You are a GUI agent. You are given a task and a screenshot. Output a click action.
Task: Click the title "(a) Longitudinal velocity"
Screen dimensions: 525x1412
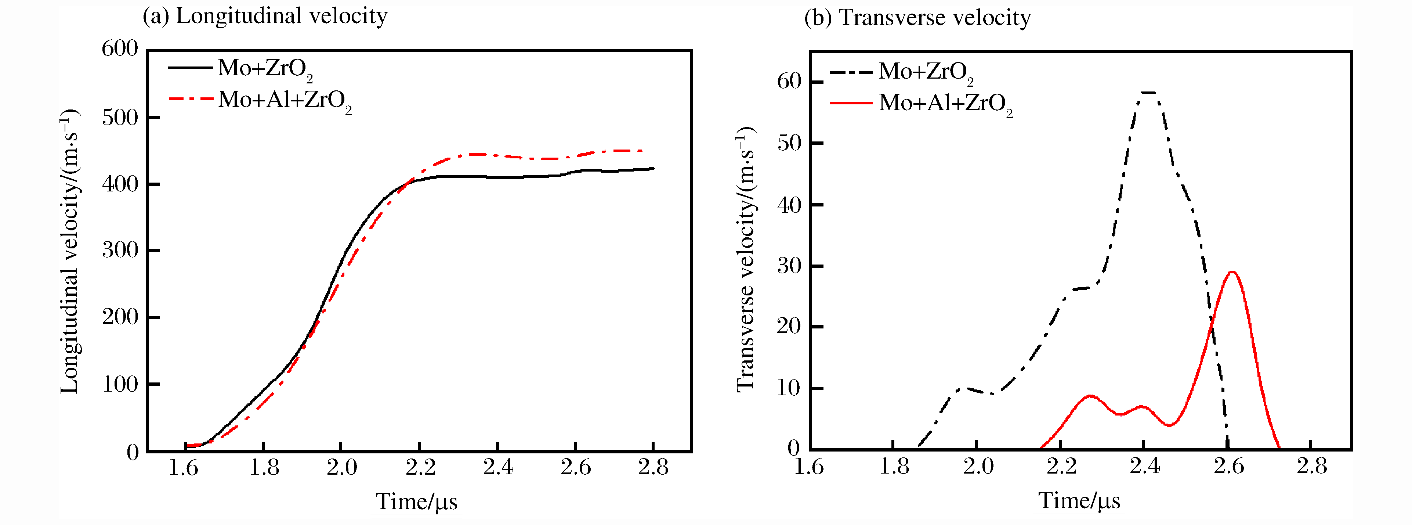pyautogui.click(x=265, y=16)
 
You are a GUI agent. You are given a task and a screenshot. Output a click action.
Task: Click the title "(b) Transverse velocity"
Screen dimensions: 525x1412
pyautogui.click(x=917, y=18)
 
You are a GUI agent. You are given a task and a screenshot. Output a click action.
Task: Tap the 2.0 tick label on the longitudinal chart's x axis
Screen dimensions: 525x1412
pyautogui.click(x=341, y=467)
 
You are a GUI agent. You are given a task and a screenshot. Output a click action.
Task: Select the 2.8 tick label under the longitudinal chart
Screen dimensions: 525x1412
pyautogui.click(x=653, y=467)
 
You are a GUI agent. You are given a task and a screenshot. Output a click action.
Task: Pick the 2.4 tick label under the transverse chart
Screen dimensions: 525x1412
pyautogui.click(x=1144, y=466)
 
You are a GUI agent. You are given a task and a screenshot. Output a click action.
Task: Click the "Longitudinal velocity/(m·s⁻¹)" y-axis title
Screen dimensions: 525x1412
pyautogui.click(x=70, y=251)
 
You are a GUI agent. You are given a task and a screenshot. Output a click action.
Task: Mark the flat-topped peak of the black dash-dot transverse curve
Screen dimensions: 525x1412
pyautogui.click(x=1148, y=93)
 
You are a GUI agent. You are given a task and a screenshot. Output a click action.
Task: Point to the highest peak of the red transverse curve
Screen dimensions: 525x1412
pyautogui.click(x=1232, y=272)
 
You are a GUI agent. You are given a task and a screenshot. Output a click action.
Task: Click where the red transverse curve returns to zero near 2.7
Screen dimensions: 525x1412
pyautogui.click(x=1279, y=449)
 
